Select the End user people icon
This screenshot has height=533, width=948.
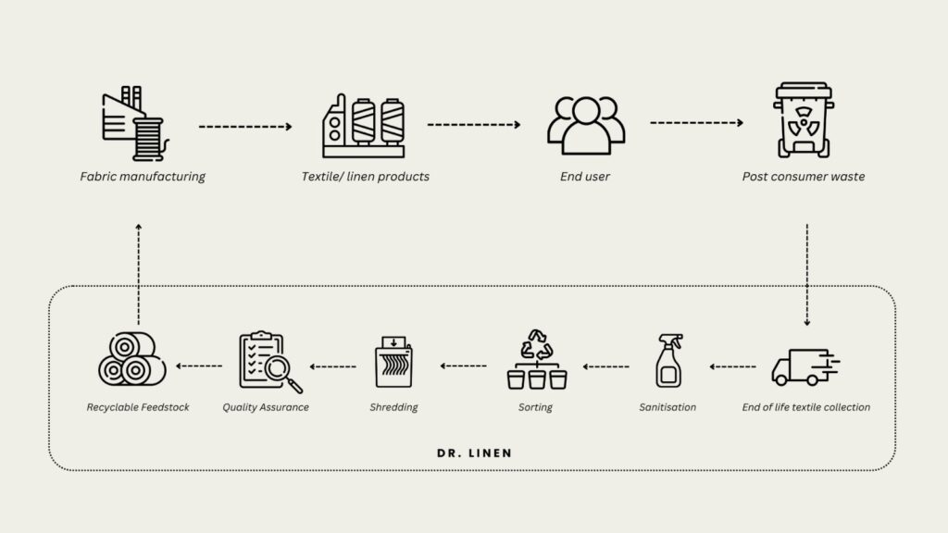tap(585, 125)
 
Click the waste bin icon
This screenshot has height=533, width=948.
tap(803, 120)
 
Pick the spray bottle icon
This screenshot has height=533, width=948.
tap(668, 361)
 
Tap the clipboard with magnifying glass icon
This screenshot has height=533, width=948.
tap(268, 362)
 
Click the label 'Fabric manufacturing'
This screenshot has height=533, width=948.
tap(143, 177)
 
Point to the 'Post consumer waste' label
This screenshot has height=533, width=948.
tap(804, 177)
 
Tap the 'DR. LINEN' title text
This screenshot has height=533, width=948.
tap(474, 453)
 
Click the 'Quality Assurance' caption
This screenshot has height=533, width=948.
tap(266, 407)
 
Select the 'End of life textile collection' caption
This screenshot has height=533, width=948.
tap(806, 407)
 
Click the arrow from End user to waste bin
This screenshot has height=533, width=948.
tap(696, 122)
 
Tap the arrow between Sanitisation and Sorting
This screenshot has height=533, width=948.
tap(605, 366)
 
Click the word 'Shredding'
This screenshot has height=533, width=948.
tap(393, 407)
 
